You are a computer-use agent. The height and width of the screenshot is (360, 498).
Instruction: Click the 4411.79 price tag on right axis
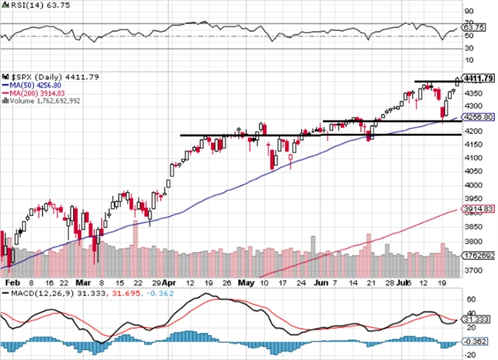tap(479, 79)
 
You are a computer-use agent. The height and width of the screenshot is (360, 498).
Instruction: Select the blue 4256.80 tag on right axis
tap(479, 117)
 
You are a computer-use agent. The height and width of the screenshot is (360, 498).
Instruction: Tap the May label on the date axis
tap(247, 284)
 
